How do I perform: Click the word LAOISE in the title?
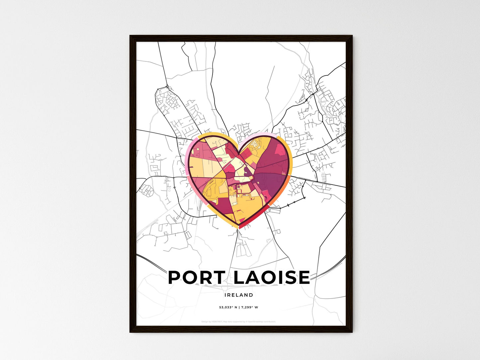[272, 278]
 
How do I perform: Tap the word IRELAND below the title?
[239, 295]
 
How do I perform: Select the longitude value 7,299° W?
[249, 307]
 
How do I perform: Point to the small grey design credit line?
[239, 321]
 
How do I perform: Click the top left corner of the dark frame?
[130, 36]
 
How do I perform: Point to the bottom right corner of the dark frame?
[352, 332]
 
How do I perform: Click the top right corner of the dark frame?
[352, 36]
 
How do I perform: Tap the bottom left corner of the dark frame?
[130, 332]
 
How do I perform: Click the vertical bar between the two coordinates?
[239, 307]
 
